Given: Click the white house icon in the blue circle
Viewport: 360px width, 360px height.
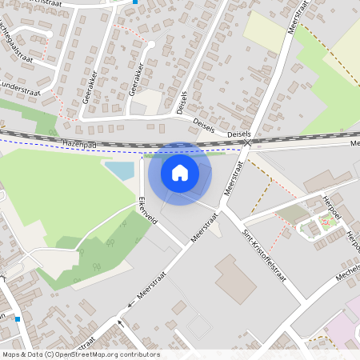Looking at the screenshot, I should [180, 172].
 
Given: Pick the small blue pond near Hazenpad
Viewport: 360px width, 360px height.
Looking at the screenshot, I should [121, 170].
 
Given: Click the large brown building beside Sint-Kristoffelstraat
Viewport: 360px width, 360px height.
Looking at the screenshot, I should [235, 279].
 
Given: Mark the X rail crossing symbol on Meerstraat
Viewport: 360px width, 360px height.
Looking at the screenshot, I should [248, 143].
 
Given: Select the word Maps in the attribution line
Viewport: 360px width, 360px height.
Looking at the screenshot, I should [11, 354].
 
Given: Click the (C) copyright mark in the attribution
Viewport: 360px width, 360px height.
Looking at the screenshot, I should [50, 354].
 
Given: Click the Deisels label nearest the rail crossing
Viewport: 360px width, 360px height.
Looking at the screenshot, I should [239, 134].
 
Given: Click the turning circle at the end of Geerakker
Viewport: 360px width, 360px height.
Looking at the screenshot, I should [150, 44].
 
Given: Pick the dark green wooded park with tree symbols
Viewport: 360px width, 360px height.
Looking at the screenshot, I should [104, 248].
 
